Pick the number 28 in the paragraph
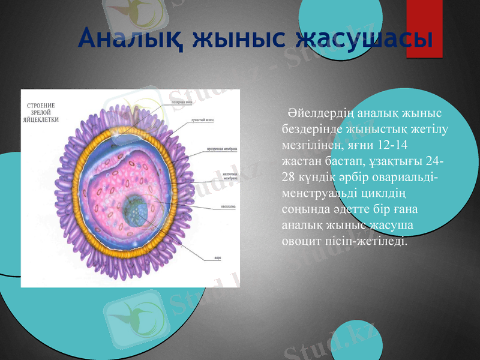click(x=289, y=178)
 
